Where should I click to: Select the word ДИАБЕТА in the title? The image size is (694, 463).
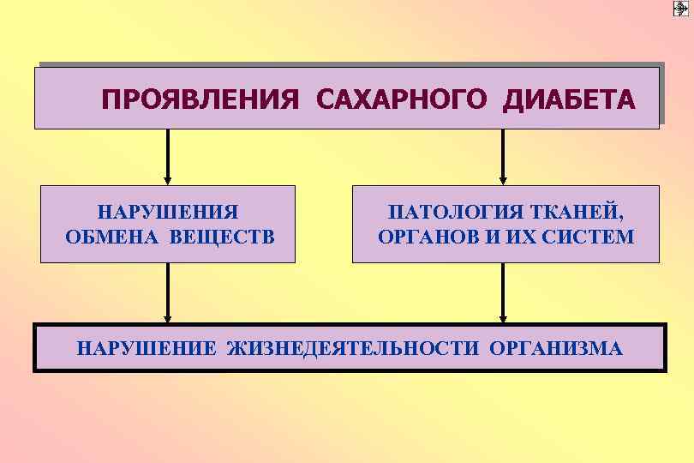[x=570, y=100]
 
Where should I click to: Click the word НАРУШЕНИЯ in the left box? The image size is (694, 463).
[x=168, y=212]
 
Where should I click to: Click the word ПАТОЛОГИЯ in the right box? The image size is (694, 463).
[x=449, y=212]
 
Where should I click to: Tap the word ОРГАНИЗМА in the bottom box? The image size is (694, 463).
[x=556, y=349]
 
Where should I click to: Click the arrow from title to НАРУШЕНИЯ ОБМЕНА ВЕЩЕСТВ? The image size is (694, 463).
[x=168, y=157]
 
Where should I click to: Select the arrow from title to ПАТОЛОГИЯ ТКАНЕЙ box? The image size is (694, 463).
[x=503, y=157]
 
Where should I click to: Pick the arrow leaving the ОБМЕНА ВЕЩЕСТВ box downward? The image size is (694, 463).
[x=168, y=292]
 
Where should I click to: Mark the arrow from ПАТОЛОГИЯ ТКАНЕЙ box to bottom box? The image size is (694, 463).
[x=503, y=292]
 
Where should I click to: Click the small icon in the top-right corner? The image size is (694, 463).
[x=681, y=9]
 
